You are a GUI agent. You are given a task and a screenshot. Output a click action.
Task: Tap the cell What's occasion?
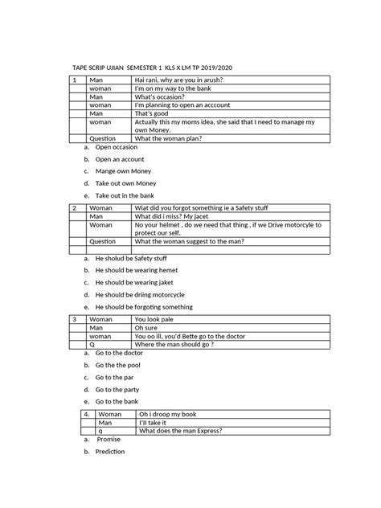(x=163, y=104)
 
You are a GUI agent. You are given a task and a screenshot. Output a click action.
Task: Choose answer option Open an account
(x=120, y=159)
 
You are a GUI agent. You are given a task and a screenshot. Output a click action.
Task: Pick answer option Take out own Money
(x=125, y=182)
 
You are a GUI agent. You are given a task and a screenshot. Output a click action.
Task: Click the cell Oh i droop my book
(x=167, y=413)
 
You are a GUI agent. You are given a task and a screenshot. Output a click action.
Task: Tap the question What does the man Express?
(x=181, y=430)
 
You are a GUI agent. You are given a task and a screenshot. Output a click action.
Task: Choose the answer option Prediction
(x=110, y=452)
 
